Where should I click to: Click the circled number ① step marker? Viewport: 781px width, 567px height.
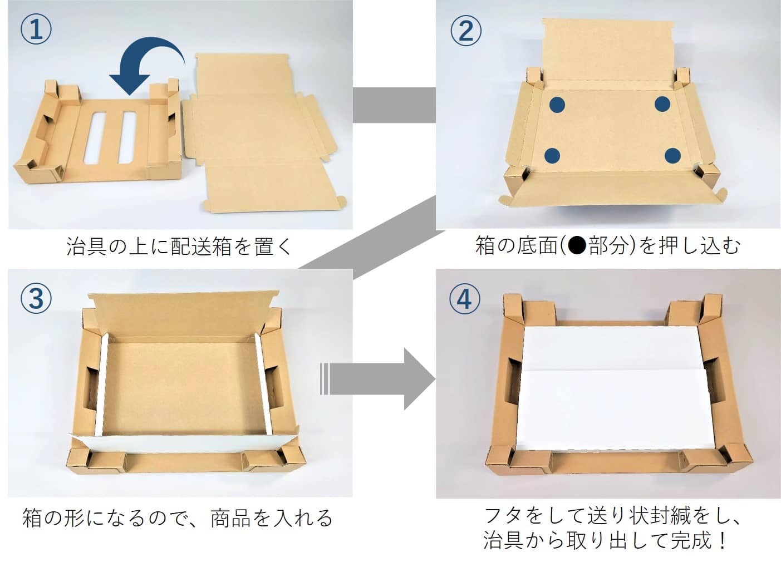pyautogui.click(x=36, y=29)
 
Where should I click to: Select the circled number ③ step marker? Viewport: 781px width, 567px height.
pyautogui.click(x=36, y=299)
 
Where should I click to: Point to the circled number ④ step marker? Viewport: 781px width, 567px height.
pyautogui.click(x=465, y=299)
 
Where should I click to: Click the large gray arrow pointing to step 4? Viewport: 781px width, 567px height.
pyautogui.click(x=379, y=379)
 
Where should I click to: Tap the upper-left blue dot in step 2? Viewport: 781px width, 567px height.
pyautogui.click(x=558, y=104)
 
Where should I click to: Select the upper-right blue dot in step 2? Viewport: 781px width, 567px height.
pyautogui.click(x=662, y=104)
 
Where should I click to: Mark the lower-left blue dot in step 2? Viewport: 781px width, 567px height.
pyautogui.click(x=552, y=156)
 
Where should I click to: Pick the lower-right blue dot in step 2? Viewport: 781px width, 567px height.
pyautogui.click(x=672, y=156)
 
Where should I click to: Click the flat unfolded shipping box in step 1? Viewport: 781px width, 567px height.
pyautogui.click(x=262, y=134)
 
